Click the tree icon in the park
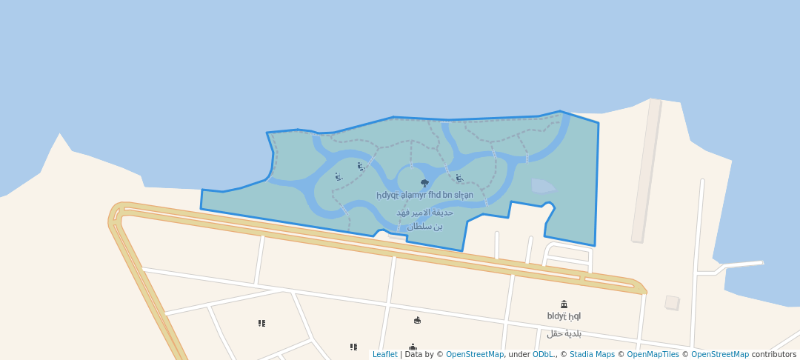pyautogui.click(x=424, y=183)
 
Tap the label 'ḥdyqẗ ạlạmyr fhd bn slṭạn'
pyautogui.click(x=424, y=196)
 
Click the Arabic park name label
pyautogui.click(x=424, y=219)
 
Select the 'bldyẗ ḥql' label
pyautogui.click(x=564, y=316)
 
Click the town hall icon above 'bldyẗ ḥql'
pyautogui.click(x=564, y=304)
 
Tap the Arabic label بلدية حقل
pyautogui.click(x=564, y=333)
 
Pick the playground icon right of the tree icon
pyautogui.click(x=459, y=178)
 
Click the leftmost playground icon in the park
pyautogui.click(x=339, y=177)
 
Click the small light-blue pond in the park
pyautogui.click(x=543, y=186)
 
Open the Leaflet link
pyautogui.click(x=384, y=355)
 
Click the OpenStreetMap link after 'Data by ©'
pyautogui.click(x=474, y=355)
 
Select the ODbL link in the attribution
pyautogui.click(x=544, y=355)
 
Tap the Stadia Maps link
pyautogui.click(x=591, y=355)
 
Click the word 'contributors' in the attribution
pyautogui.click(x=774, y=355)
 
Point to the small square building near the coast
pyautogui.click(x=672, y=302)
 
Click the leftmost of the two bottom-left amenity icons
pyautogui.click(x=261, y=323)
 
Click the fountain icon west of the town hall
pyautogui.click(x=417, y=320)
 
